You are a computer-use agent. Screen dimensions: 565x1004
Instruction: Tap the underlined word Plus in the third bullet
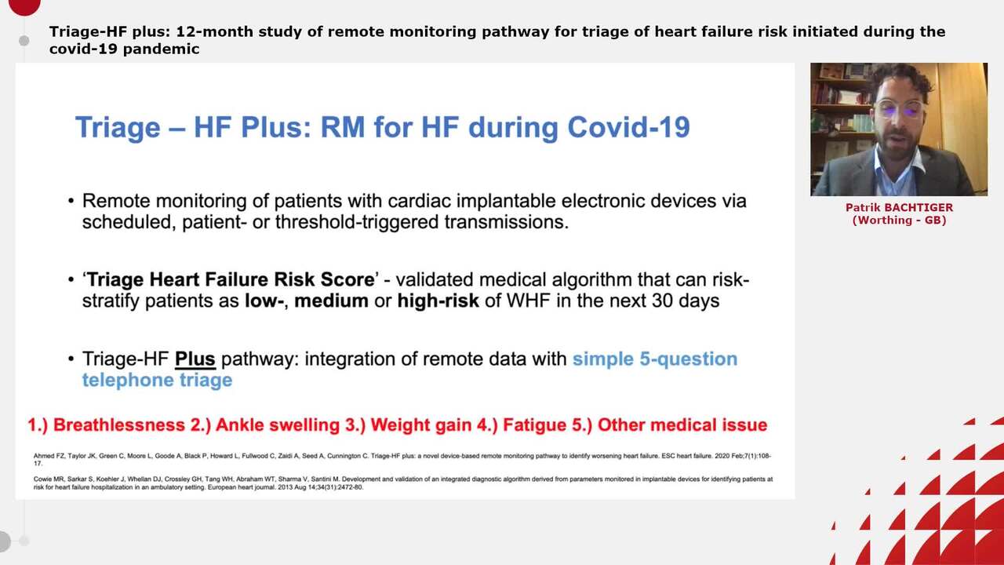click(195, 359)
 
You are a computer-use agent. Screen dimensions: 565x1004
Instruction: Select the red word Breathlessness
click(118, 425)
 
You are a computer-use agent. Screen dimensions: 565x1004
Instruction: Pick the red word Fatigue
click(533, 425)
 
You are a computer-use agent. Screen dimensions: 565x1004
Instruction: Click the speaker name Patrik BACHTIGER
click(899, 208)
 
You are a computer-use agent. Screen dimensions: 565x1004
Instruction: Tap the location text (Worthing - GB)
click(899, 221)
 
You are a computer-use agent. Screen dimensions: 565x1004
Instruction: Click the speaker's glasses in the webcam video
click(900, 108)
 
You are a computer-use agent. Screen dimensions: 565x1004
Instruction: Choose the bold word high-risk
click(438, 301)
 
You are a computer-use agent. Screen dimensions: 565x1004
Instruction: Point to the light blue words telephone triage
click(157, 381)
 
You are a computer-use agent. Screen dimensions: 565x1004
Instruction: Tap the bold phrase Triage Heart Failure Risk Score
click(231, 280)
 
